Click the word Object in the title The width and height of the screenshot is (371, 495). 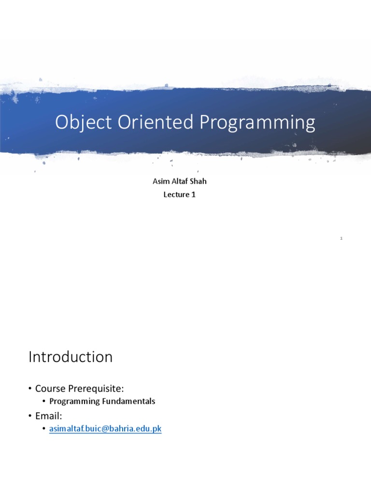(79, 123)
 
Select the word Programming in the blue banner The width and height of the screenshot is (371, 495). (257, 123)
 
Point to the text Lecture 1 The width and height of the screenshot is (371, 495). (179, 195)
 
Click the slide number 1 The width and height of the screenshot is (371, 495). (341, 238)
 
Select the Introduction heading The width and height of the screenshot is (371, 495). (71, 357)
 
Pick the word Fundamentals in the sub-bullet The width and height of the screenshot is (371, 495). (132, 401)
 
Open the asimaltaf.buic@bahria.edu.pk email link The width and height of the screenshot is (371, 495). (105, 428)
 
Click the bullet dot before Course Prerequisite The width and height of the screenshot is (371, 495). (30, 388)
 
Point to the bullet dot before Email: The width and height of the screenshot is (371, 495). (30, 415)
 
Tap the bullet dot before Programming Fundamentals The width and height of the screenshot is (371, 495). (44, 401)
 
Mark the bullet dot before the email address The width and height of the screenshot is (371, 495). (44, 428)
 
